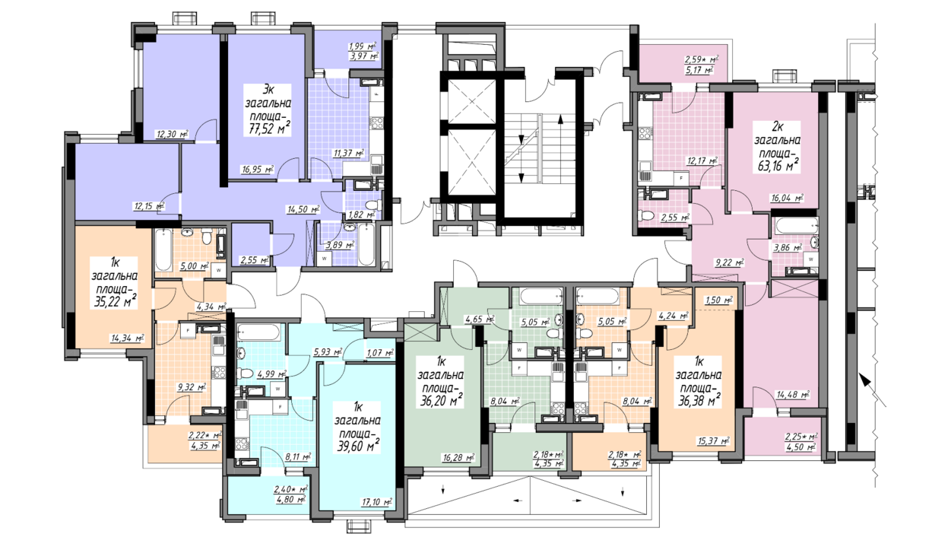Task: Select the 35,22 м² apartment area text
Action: click(x=115, y=301)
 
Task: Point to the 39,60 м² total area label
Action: click(x=357, y=446)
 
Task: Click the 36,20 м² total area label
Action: click(x=441, y=400)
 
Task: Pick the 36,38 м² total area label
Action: click(x=699, y=400)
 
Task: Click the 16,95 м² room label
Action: click(x=257, y=170)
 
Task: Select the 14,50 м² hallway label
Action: click(x=303, y=209)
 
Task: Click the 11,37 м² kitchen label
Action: click(x=349, y=154)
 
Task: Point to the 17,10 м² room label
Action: click(x=376, y=502)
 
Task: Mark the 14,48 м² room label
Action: click(x=793, y=395)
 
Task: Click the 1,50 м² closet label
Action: click(x=718, y=300)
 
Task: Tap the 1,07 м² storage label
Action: click(x=380, y=352)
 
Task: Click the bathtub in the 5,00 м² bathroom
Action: click(x=163, y=250)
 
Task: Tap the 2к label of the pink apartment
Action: click(x=778, y=126)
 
